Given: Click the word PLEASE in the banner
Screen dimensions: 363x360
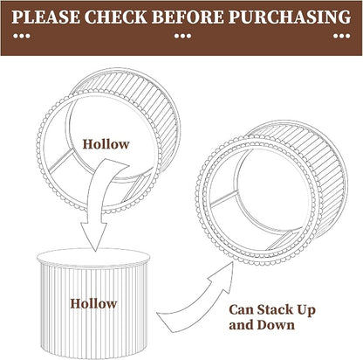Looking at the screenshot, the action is click(x=45, y=17).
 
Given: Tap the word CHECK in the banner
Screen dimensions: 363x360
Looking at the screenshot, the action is click(x=116, y=17).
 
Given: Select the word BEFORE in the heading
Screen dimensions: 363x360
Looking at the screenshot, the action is click(x=188, y=17).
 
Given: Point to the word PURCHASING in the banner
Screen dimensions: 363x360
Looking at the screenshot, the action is click(x=290, y=17).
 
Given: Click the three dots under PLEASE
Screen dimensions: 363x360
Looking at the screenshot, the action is click(x=22, y=36).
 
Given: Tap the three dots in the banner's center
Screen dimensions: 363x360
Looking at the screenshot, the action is click(x=182, y=36).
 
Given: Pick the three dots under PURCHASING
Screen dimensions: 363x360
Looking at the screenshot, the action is click(x=342, y=36).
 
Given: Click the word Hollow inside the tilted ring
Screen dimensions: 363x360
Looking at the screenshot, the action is click(x=106, y=144).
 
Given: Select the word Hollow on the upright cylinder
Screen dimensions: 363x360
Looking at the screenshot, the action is click(x=93, y=303).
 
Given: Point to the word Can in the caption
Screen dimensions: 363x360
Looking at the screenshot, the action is click(x=241, y=309).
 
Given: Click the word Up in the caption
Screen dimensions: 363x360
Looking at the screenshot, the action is click(x=306, y=310).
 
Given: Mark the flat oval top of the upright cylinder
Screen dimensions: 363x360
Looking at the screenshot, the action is click(x=93, y=257).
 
